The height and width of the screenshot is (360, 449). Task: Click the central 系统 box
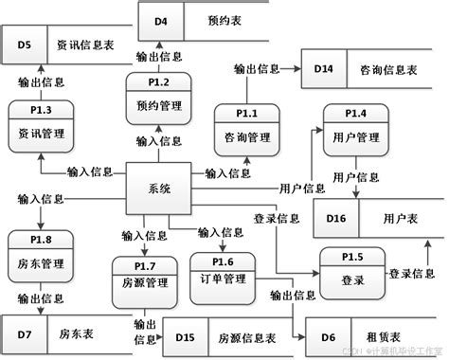[x=160, y=189]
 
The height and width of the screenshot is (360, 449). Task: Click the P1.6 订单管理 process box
[x=222, y=271]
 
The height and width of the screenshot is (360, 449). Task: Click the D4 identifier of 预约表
[x=161, y=20]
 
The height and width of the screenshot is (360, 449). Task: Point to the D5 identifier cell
[x=25, y=45]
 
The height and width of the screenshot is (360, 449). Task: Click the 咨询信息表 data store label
[x=390, y=70]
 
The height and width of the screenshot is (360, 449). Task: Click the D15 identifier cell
[x=185, y=336]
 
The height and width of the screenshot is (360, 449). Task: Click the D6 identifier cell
[x=328, y=336]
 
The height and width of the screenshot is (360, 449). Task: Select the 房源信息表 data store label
[x=248, y=336]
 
